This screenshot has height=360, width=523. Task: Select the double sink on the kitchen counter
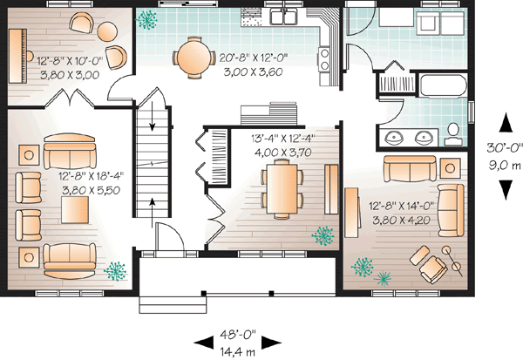[x=285, y=16]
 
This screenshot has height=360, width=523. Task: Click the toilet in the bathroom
[x=453, y=132]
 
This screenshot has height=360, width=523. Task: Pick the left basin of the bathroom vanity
[x=394, y=137]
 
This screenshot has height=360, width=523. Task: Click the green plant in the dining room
[x=323, y=234]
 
